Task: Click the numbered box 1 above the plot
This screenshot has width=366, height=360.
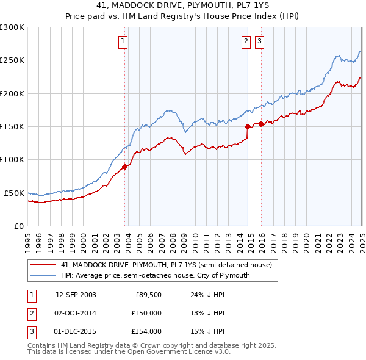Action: pos(123,41)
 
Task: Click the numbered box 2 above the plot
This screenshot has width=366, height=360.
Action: pos(246,41)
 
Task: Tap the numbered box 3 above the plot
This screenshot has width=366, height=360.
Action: pos(259,41)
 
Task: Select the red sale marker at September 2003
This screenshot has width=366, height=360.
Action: pos(124,167)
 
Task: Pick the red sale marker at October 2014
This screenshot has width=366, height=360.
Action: pos(248,126)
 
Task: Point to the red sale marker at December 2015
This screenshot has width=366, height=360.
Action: pos(261,124)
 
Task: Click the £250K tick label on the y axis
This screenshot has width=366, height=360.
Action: pos(12,60)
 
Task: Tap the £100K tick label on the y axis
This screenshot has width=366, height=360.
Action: pos(12,160)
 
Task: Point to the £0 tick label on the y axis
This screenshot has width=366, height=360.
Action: pos(18,226)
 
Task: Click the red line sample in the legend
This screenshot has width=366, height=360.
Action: pos(43,265)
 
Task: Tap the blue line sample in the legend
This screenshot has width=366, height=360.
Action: pos(43,275)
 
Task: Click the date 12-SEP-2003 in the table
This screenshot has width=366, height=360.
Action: pos(76,294)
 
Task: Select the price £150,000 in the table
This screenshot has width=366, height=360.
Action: pos(148,313)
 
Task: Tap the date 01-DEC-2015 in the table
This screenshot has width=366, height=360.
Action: pos(76,331)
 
